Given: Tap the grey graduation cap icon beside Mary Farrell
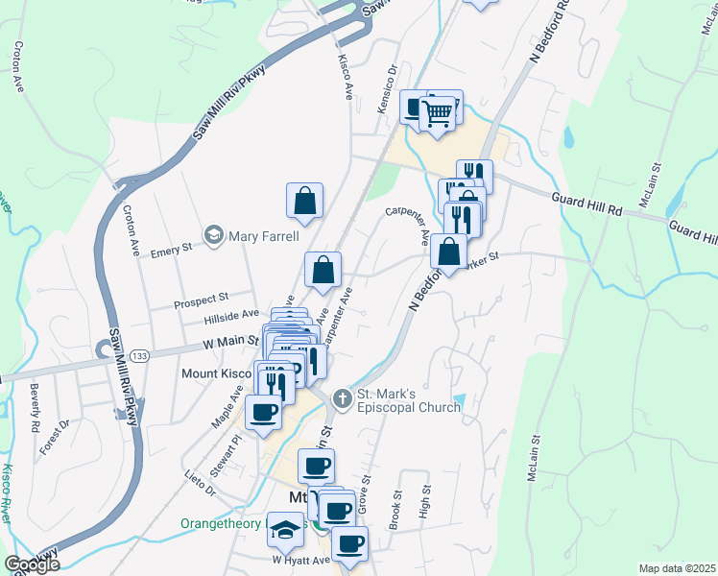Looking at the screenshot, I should tap(212, 234).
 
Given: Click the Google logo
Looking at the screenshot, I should tap(31, 564).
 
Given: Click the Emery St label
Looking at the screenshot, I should tap(174, 248).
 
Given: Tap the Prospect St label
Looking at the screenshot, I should tap(200, 301).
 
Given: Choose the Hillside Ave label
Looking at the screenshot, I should tap(231, 314).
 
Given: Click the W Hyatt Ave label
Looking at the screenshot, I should tap(300, 560).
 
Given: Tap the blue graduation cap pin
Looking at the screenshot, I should tap(285, 530).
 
